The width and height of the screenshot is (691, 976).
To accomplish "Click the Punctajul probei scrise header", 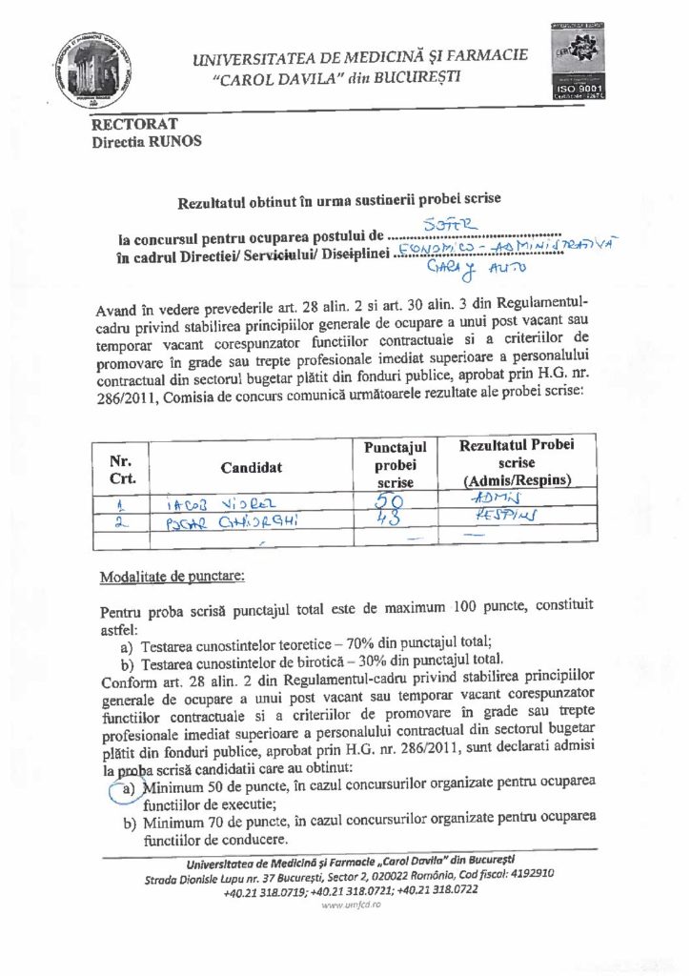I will tap(395, 465).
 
